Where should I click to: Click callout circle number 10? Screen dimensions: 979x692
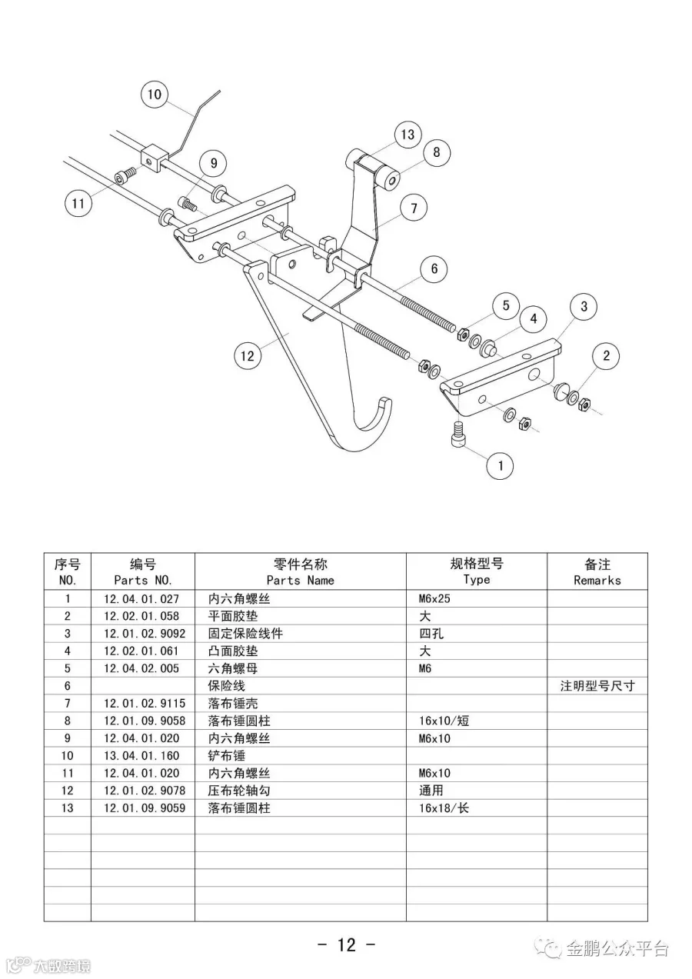click(x=155, y=95)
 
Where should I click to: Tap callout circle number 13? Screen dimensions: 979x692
click(x=408, y=135)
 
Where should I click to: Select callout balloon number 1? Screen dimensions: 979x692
click(x=501, y=465)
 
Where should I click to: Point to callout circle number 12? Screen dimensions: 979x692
click(x=247, y=356)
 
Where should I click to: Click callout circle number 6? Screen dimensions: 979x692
click(x=434, y=268)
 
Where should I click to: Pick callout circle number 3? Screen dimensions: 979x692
click(x=584, y=307)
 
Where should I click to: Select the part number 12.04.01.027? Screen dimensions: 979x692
click(x=141, y=599)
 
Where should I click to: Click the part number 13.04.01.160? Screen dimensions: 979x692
click(x=141, y=756)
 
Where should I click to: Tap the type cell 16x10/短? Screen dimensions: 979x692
click(x=444, y=721)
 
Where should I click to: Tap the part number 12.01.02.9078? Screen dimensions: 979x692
click(x=144, y=791)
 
